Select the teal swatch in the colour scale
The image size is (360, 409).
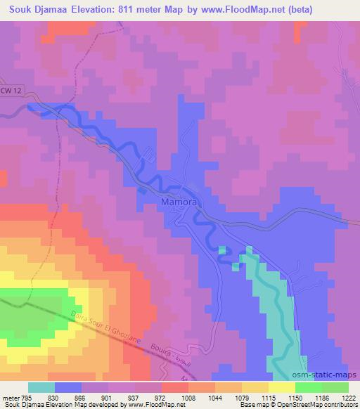pyautogui.click(x=41, y=387)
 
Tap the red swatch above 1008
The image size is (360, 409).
pyautogui.click(x=174, y=387)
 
